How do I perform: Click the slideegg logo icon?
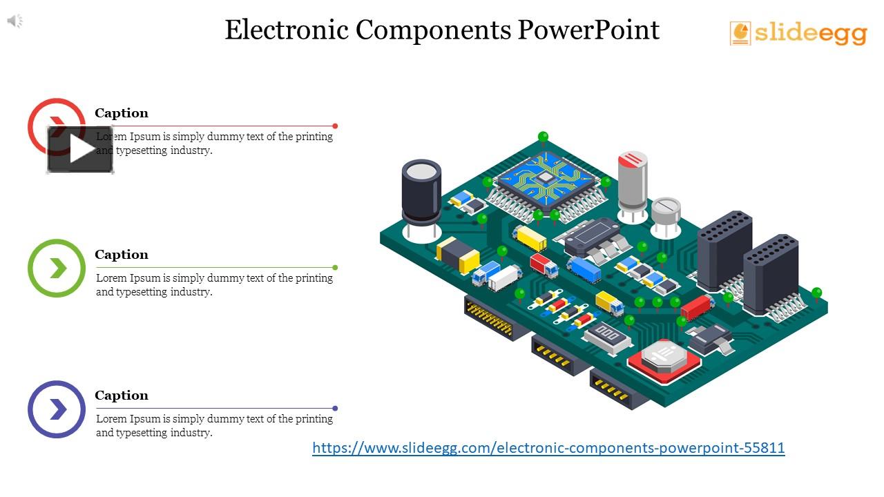pos(740,33)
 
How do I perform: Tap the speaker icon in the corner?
pos(15,21)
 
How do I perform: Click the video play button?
pos(80,149)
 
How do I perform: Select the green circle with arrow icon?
pos(57,268)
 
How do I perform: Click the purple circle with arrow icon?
pos(57,409)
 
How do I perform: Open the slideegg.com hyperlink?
pos(548,448)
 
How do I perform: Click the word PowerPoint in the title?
pos(588,30)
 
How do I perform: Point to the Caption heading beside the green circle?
pos(122,255)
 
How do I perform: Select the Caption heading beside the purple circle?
pos(122,396)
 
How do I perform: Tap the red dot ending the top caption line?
pos(335,126)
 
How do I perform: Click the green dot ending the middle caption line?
pos(335,267)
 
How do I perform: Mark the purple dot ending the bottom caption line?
pos(335,408)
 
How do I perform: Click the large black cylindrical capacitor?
pos(421,192)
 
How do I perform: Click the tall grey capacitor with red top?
pos(632,181)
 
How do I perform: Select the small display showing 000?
pos(608,336)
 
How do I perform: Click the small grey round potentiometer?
pos(666,210)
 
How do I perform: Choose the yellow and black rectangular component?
pos(458,254)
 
